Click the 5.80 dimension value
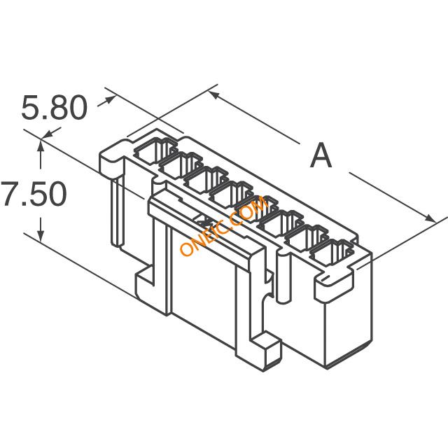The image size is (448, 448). [55, 108]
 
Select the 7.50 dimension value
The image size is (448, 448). [34, 194]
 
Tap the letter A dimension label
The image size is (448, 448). [321, 155]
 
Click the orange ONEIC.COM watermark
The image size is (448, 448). [224, 226]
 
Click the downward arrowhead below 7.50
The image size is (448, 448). [41, 235]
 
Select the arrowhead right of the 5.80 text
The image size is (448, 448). [110, 99]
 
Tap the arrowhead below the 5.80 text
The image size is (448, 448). [48, 134]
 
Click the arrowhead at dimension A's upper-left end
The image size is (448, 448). [215, 95]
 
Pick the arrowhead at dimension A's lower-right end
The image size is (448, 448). [429, 218]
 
